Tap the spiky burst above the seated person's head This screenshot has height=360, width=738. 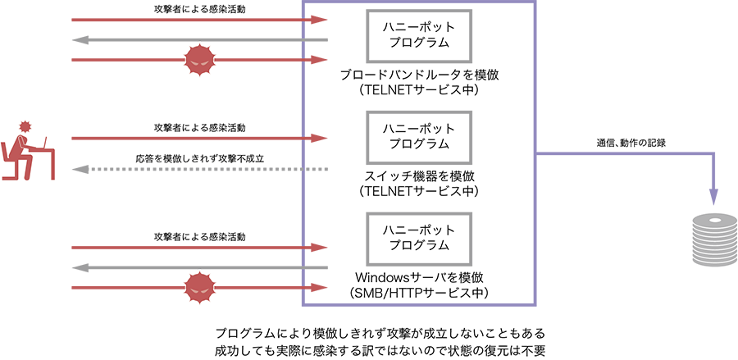click(x=25, y=126)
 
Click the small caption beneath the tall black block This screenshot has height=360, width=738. click(x=632, y=148)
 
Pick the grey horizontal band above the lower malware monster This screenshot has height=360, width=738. click(x=148, y=267)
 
